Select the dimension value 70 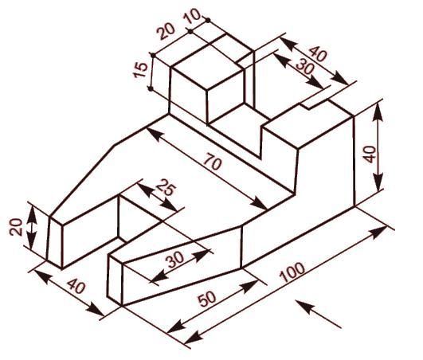(213, 162)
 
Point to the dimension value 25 (166, 187)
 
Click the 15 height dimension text (141, 70)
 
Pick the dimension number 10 (192, 16)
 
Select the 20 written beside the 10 (166, 32)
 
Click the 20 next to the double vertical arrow (15, 226)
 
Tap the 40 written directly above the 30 (318, 54)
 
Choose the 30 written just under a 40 (305, 67)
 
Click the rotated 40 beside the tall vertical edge (370, 155)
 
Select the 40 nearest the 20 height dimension (76, 286)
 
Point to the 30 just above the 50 (175, 259)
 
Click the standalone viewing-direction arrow (319, 314)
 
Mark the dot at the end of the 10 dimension (208, 20)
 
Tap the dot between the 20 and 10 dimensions (190, 32)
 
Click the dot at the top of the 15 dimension (153, 55)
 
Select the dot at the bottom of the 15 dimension (151, 88)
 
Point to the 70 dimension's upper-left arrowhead (155, 134)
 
